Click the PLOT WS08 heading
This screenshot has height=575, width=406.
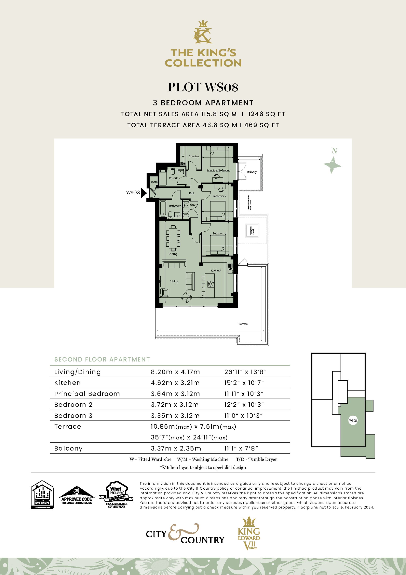tap(203, 87)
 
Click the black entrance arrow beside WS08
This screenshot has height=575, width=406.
tap(144, 193)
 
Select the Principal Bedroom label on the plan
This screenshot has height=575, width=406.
tap(218, 170)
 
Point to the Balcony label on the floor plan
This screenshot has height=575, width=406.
tap(252, 172)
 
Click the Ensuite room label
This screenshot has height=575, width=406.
tap(174, 178)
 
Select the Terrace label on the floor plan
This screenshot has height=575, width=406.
tap(243, 324)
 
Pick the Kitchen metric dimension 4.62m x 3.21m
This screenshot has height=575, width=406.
tap(175, 383)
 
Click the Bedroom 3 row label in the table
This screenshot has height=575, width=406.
tap(73, 416)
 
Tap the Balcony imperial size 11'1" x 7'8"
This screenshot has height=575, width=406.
tap(241, 448)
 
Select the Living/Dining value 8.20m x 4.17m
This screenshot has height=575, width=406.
tap(175, 372)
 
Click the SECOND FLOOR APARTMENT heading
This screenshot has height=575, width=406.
tap(102, 359)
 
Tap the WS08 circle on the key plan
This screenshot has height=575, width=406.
tap(353, 420)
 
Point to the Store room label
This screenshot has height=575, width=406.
tap(154, 182)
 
